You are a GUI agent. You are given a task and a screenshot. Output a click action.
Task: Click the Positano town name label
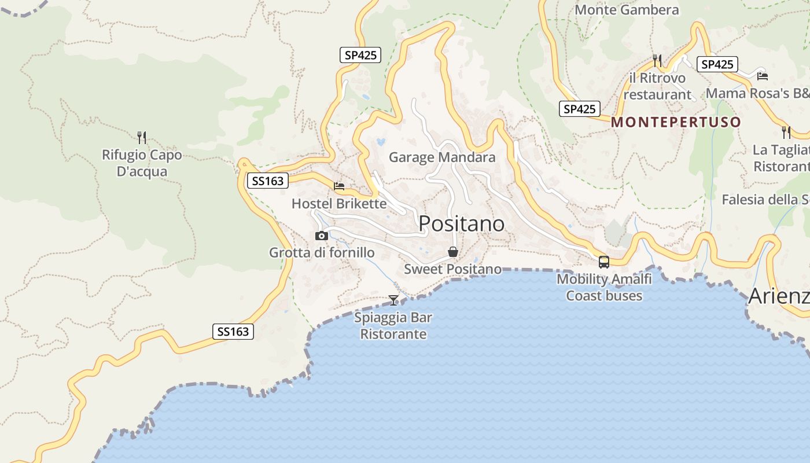pos(461,223)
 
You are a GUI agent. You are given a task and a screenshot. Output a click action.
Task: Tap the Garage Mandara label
pos(442,157)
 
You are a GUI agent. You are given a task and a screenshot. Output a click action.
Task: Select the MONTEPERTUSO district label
pos(676,122)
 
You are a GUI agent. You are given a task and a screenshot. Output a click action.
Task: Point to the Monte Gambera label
pos(627,10)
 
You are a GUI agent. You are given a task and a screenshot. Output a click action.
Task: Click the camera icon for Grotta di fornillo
pos(322,236)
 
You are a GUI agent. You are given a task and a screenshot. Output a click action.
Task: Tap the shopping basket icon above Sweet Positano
pos(453,252)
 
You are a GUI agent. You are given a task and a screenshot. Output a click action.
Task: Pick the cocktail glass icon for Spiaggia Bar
pos(393,300)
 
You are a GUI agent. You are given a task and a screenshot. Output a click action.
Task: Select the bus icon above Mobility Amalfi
pos(604,262)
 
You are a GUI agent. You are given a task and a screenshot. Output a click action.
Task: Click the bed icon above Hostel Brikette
pos(339,186)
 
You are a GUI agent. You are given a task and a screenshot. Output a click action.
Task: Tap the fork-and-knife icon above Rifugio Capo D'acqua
pos(142,137)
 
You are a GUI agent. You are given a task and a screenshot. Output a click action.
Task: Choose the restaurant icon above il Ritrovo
pos(657,60)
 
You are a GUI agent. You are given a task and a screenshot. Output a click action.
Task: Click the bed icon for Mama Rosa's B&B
pos(763,76)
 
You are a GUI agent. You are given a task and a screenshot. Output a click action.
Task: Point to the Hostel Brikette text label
pos(339,204)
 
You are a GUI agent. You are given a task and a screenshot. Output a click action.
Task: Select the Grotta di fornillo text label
pos(322,253)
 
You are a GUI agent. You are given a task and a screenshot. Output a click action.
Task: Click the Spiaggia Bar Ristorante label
pos(393,326)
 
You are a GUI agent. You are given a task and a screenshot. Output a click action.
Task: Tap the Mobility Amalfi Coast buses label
pos(604,287)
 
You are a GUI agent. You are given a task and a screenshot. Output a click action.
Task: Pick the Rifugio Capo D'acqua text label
pos(142,163)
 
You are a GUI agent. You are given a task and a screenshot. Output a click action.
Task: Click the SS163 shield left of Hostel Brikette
pos(267,181)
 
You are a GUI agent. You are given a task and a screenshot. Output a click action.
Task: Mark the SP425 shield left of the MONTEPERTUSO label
pos(579,109)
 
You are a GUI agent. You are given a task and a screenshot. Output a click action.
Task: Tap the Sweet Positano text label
pos(452,269)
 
